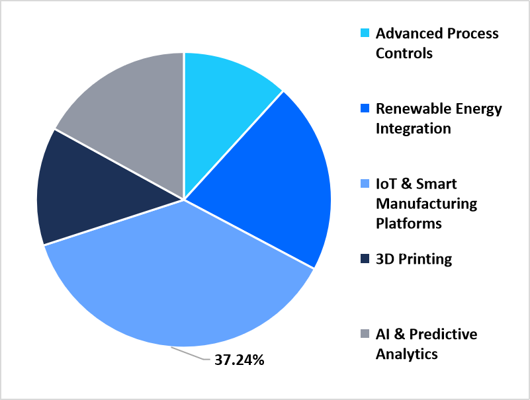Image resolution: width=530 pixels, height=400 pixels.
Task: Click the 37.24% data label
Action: click(x=239, y=361)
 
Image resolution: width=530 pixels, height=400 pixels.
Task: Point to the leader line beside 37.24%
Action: click(x=192, y=354)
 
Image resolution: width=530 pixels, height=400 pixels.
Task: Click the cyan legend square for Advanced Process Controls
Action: click(x=365, y=33)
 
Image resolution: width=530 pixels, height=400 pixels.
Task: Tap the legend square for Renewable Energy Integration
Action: click(x=365, y=108)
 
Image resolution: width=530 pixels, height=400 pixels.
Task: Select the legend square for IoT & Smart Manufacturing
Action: click(x=365, y=184)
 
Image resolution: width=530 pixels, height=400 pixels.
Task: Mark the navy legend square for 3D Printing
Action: click(x=365, y=259)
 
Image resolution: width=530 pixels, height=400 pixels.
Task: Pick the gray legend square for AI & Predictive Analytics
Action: click(x=365, y=335)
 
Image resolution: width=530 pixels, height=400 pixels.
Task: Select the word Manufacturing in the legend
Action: click(x=426, y=203)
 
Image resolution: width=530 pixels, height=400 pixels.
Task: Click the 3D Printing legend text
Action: click(x=414, y=259)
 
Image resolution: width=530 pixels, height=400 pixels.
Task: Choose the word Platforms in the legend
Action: click(x=408, y=223)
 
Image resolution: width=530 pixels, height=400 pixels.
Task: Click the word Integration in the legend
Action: click(x=413, y=128)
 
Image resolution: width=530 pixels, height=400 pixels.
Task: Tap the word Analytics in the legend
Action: click(x=406, y=354)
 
